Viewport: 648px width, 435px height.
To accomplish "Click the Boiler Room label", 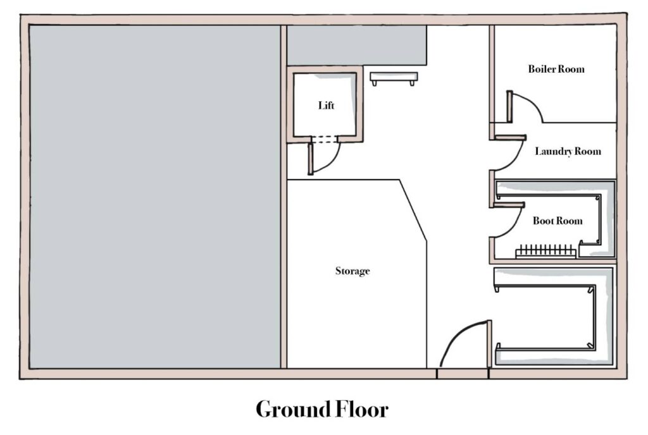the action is [556, 69].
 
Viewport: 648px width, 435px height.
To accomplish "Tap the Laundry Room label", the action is [568, 152].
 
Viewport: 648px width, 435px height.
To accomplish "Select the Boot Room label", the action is [558, 221].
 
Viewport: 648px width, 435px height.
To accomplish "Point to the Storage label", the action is [352, 271].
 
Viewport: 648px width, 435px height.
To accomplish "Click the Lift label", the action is [326, 105].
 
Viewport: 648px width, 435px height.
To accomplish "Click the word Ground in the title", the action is [293, 409].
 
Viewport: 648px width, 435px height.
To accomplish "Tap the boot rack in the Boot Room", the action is [546, 251].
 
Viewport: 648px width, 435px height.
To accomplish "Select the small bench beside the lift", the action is [394, 78].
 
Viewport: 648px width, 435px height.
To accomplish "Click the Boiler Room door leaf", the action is [510, 106].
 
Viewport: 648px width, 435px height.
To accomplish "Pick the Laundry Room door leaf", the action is [511, 137].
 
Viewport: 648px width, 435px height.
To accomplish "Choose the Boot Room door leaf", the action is [509, 205].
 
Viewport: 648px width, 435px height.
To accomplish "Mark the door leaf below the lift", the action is [310, 159].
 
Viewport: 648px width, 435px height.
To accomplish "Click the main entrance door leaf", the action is [489, 344].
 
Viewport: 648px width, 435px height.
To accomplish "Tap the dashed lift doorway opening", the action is [325, 140].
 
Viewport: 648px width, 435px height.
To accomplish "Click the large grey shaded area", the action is [155, 197].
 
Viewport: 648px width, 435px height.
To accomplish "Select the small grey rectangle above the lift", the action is [357, 45].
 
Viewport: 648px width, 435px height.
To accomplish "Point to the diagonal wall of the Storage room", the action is [413, 210].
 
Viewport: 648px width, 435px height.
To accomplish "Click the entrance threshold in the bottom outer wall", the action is [463, 374].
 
